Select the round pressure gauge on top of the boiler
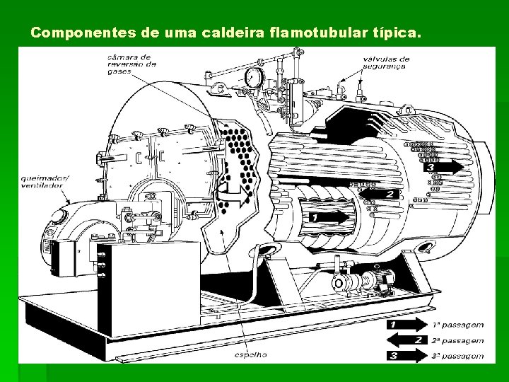(x=252, y=76)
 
